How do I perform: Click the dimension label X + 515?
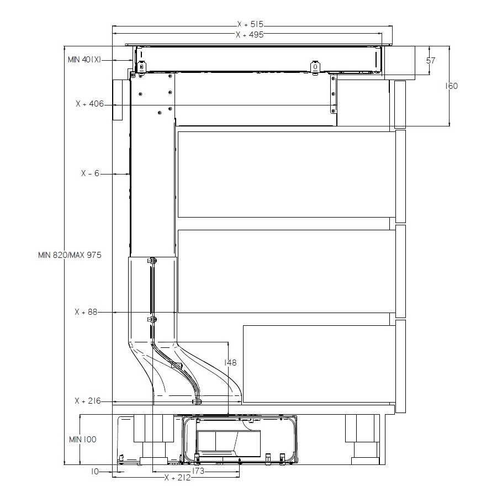tap(250, 24)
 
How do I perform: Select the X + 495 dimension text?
tap(250, 35)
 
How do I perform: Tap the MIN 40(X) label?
tap(84, 60)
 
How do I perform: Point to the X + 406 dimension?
tap(89, 104)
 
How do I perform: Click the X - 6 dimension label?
tap(90, 173)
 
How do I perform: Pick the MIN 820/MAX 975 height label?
tap(70, 255)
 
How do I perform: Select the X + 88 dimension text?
tap(86, 312)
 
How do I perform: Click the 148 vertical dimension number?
tap(230, 362)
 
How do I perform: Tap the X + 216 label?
tap(88, 401)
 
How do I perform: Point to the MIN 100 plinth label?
tap(83, 440)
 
